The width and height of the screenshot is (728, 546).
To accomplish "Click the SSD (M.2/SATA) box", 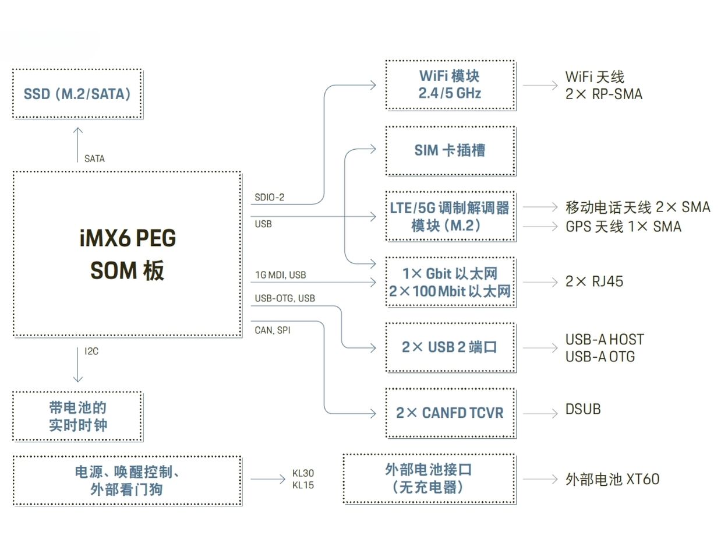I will (77, 94).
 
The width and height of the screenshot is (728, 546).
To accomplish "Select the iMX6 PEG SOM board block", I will (127, 253).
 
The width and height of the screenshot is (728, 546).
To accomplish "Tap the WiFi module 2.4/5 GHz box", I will (450, 84).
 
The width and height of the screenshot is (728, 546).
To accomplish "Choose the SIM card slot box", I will (450, 150).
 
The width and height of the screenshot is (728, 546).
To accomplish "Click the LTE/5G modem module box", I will (450, 216).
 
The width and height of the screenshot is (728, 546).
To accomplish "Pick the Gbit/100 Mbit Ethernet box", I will (450, 282).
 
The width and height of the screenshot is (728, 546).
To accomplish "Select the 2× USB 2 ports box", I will (450, 347).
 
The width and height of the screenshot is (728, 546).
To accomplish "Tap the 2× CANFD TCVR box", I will (450, 413).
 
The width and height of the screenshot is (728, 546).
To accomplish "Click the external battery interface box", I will (429, 479).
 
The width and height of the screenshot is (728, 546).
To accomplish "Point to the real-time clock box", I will (77, 416).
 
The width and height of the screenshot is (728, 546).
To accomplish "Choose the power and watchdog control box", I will (127, 480).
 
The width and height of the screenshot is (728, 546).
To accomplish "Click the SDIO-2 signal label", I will (269, 198).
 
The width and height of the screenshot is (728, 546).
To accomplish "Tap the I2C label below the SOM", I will (91, 351).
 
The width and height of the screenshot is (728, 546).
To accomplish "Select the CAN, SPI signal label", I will (273, 330).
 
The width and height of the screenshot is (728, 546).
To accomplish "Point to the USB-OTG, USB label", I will (285, 298).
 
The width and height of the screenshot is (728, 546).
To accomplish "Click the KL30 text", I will (303, 473).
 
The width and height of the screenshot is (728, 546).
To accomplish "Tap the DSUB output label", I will (583, 409).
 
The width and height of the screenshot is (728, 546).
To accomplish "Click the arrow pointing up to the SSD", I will (77, 144).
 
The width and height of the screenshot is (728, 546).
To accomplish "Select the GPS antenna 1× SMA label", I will (623, 227).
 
